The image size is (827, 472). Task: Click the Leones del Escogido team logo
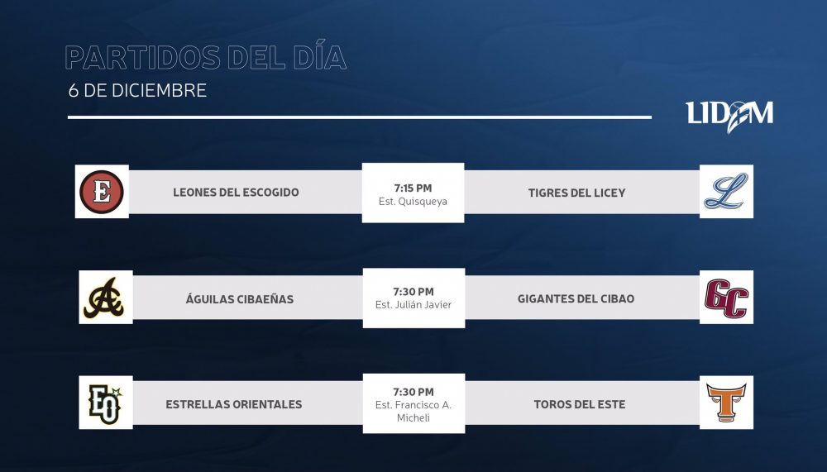point(102,192)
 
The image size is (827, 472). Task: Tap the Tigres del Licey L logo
point(726,191)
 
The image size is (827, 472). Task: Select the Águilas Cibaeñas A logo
point(104,298)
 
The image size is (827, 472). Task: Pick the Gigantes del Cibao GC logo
point(726,298)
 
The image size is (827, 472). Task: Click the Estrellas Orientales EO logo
point(106,404)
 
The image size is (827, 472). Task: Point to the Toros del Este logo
point(726,403)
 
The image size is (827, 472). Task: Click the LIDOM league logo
point(729,116)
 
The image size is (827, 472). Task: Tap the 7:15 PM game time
point(413,188)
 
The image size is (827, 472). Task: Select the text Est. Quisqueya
point(413,202)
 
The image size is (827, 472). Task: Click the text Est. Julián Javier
point(413,305)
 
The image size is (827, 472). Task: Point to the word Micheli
point(413,417)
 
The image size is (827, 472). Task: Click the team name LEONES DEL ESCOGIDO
point(236,193)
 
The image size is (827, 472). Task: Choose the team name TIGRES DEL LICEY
point(577,193)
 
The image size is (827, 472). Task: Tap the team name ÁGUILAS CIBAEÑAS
point(240,299)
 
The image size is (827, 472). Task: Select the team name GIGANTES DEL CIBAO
point(576,299)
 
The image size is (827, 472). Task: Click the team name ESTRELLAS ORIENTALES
point(234,404)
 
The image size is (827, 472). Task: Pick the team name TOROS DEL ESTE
point(580,404)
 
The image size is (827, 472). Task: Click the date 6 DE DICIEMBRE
point(137,91)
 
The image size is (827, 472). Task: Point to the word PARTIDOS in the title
point(143,58)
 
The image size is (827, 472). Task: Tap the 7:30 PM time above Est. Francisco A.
point(413,392)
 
